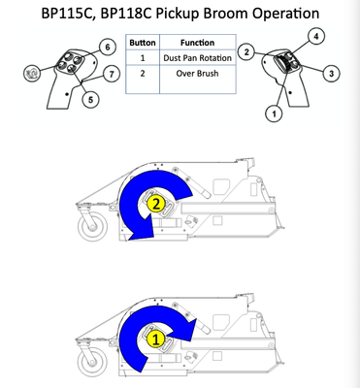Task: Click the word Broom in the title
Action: (225, 14)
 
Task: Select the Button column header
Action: (143, 43)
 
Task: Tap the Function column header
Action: (197, 43)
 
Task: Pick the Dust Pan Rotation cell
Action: (197, 58)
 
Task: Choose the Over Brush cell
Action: (197, 74)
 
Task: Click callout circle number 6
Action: (108, 48)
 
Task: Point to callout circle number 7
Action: (112, 74)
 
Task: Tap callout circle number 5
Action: (90, 99)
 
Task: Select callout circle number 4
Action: (316, 37)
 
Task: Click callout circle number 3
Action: (331, 74)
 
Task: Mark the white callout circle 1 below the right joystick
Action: (274, 113)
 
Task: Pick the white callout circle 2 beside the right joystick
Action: (246, 51)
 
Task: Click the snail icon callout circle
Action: (32, 73)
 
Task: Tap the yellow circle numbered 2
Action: (156, 205)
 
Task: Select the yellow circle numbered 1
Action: (156, 340)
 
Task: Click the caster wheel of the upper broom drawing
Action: (92, 225)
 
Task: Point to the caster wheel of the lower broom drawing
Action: (92, 362)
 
